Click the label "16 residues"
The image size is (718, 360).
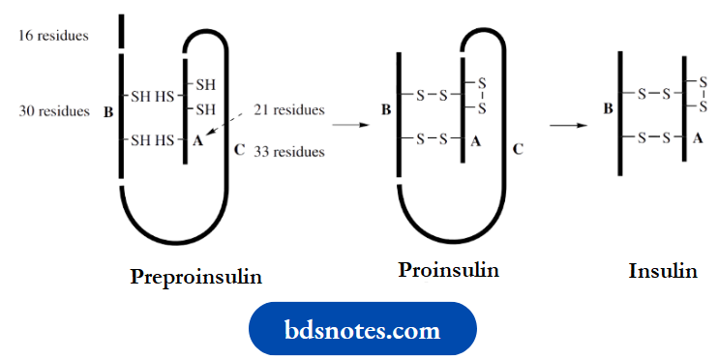(53, 36)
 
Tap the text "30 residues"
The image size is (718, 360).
(53, 111)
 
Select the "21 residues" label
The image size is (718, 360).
(289, 110)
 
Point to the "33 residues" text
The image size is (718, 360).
(289, 151)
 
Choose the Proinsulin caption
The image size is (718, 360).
(448, 270)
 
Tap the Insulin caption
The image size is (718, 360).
(663, 271)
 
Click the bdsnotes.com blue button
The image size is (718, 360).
(363, 329)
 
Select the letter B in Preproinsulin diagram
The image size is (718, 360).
(107, 112)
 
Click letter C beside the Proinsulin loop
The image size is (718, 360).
(518, 150)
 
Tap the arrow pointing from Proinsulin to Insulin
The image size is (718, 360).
(568, 125)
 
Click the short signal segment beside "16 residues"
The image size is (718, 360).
(122, 31)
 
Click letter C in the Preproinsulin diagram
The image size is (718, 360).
(239, 150)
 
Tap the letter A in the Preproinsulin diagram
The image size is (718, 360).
(197, 140)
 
